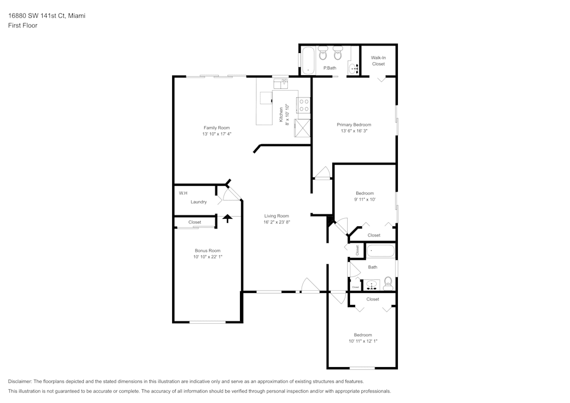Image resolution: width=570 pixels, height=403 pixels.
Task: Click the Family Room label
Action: click(x=217, y=128)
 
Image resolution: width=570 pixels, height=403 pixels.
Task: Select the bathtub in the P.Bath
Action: click(x=308, y=60)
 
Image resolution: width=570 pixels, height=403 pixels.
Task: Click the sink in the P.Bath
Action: click(x=354, y=68)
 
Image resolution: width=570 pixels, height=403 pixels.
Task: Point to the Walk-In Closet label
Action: click(x=378, y=60)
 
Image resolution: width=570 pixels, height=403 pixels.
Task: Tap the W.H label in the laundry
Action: click(x=183, y=193)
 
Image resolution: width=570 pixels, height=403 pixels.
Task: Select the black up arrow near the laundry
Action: click(x=227, y=218)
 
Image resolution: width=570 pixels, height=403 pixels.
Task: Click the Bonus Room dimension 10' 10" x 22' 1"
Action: click(x=207, y=257)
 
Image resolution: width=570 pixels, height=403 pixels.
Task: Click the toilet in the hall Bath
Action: click(x=388, y=282)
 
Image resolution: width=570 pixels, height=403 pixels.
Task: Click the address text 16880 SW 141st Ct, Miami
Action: click(x=47, y=16)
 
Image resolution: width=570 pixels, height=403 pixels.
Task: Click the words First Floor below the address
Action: click(x=23, y=26)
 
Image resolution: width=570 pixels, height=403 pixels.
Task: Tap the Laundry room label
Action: click(x=198, y=202)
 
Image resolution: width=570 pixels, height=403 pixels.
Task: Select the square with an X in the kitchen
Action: click(x=302, y=128)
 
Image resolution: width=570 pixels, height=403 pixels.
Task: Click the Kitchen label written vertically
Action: click(x=281, y=115)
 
